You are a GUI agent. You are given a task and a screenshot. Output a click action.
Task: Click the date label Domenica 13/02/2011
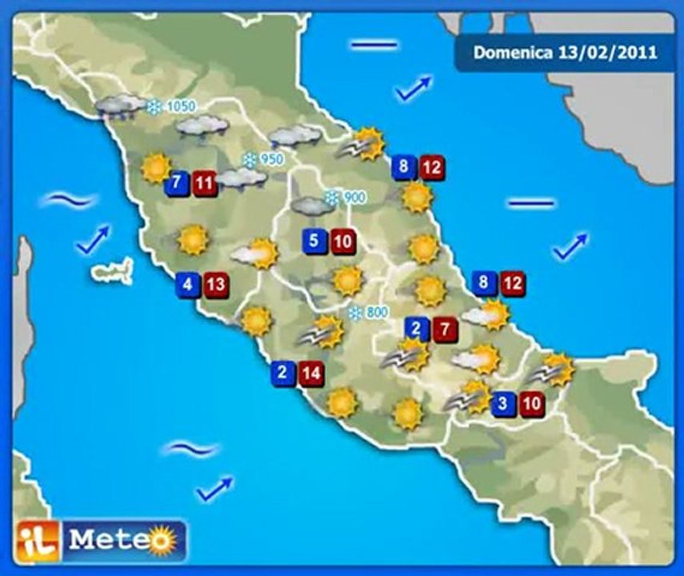[565, 53]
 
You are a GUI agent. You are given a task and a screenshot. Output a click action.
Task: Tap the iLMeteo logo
[102, 540]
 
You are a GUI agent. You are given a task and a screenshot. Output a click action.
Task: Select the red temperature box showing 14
[313, 372]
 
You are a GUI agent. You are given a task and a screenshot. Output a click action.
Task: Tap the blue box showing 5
[314, 240]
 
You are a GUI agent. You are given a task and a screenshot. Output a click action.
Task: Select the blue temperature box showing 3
[502, 404]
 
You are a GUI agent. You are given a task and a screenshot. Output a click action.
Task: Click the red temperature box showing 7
[445, 329]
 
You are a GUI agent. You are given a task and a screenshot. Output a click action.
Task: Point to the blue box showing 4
[187, 284]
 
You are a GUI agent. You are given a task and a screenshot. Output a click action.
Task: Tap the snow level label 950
[264, 159]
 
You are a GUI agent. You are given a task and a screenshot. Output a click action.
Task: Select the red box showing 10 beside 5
[342, 240]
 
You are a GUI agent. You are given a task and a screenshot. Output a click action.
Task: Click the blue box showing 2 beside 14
[283, 372]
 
